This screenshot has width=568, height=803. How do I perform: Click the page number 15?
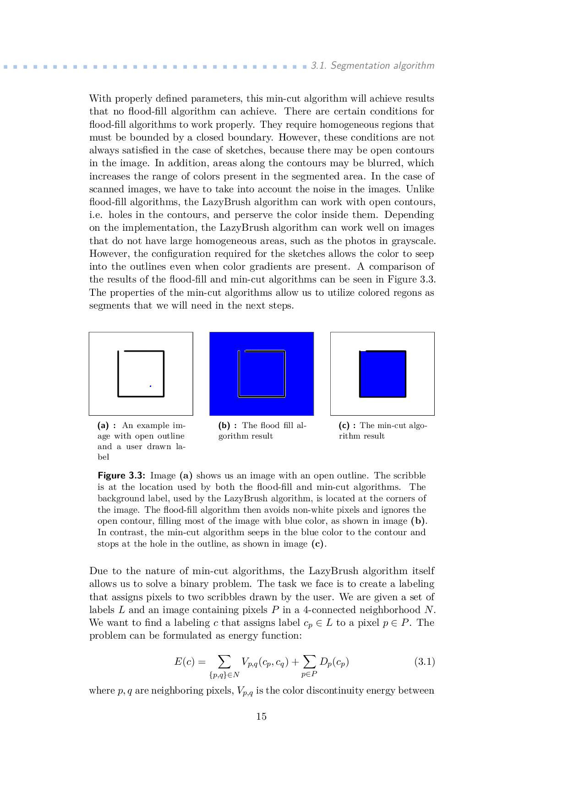click(261, 716)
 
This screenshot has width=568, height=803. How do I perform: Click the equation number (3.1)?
click(424, 662)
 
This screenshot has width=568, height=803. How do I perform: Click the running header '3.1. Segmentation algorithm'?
click(372, 65)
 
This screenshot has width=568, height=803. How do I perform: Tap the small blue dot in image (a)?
click(150, 386)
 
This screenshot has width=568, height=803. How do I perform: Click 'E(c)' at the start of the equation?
click(185, 662)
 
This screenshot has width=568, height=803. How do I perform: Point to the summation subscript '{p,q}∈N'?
click(224, 674)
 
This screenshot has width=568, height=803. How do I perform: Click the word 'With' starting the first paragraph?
click(100, 98)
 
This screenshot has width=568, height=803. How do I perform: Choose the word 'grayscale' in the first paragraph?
click(415, 241)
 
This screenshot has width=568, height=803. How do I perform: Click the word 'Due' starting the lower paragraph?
click(98, 571)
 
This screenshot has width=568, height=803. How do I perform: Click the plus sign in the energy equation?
click(295, 662)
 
